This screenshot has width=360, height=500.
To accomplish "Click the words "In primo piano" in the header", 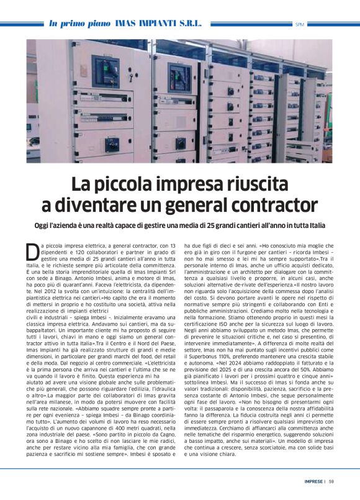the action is (79, 23).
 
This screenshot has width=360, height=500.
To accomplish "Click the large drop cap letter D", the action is (32, 252).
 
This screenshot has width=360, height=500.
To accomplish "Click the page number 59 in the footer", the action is (331, 481).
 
